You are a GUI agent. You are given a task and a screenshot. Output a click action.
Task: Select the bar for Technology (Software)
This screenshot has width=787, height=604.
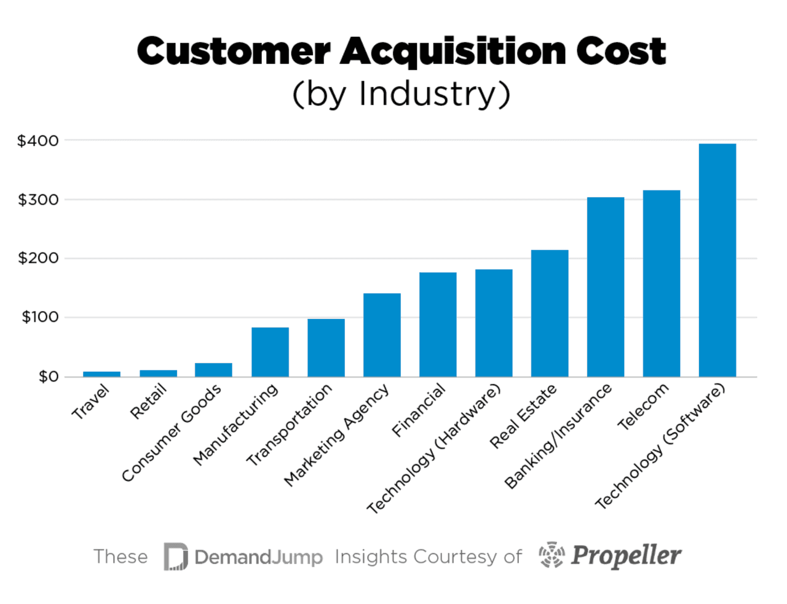pyautogui.click(x=717, y=260)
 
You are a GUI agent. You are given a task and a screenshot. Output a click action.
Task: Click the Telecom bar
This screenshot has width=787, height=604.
pyautogui.click(x=661, y=283)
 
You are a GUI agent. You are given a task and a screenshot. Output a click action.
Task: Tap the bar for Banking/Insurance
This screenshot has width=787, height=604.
pyautogui.click(x=605, y=287)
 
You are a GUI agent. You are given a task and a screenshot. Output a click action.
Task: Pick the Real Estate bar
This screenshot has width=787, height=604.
pyautogui.click(x=549, y=313)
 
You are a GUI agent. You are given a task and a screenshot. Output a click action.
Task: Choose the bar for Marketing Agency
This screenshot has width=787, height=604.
pyautogui.click(x=382, y=335)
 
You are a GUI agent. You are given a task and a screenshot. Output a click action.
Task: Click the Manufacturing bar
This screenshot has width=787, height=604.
pyautogui.click(x=270, y=352)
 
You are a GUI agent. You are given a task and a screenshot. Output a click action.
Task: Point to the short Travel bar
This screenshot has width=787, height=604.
pyautogui.click(x=101, y=374)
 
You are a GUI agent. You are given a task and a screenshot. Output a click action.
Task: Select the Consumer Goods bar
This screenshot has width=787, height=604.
pyautogui.click(x=213, y=370)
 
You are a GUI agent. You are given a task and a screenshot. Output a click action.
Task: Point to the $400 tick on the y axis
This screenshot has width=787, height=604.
pyautogui.click(x=38, y=141)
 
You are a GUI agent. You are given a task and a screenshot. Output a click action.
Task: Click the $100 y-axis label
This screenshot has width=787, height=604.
pyautogui.click(x=40, y=317)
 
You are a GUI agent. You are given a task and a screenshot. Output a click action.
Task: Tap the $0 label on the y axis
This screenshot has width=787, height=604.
pyautogui.click(x=48, y=377)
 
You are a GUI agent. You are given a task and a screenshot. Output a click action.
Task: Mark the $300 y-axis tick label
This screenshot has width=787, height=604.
pyautogui.click(x=38, y=200)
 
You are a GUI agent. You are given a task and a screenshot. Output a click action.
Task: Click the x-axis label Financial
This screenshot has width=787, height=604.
pyautogui.click(x=419, y=410)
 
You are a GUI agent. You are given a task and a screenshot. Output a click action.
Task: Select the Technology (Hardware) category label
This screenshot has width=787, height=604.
pyautogui.click(x=434, y=449)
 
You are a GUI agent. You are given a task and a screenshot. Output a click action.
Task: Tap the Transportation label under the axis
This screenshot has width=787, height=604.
pyautogui.click(x=289, y=424)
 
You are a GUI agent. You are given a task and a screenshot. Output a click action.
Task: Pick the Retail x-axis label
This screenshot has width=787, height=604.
pyautogui.click(x=149, y=401)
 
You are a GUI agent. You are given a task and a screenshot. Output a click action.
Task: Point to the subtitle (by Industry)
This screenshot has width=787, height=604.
pyautogui.click(x=401, y=94)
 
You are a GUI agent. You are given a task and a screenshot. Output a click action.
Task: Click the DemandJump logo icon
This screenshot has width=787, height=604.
pyautogui.click(x=176, y=557)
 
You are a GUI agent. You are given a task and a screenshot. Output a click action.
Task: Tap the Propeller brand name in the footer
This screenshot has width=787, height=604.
pyautogui.click(x=625, y=555)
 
